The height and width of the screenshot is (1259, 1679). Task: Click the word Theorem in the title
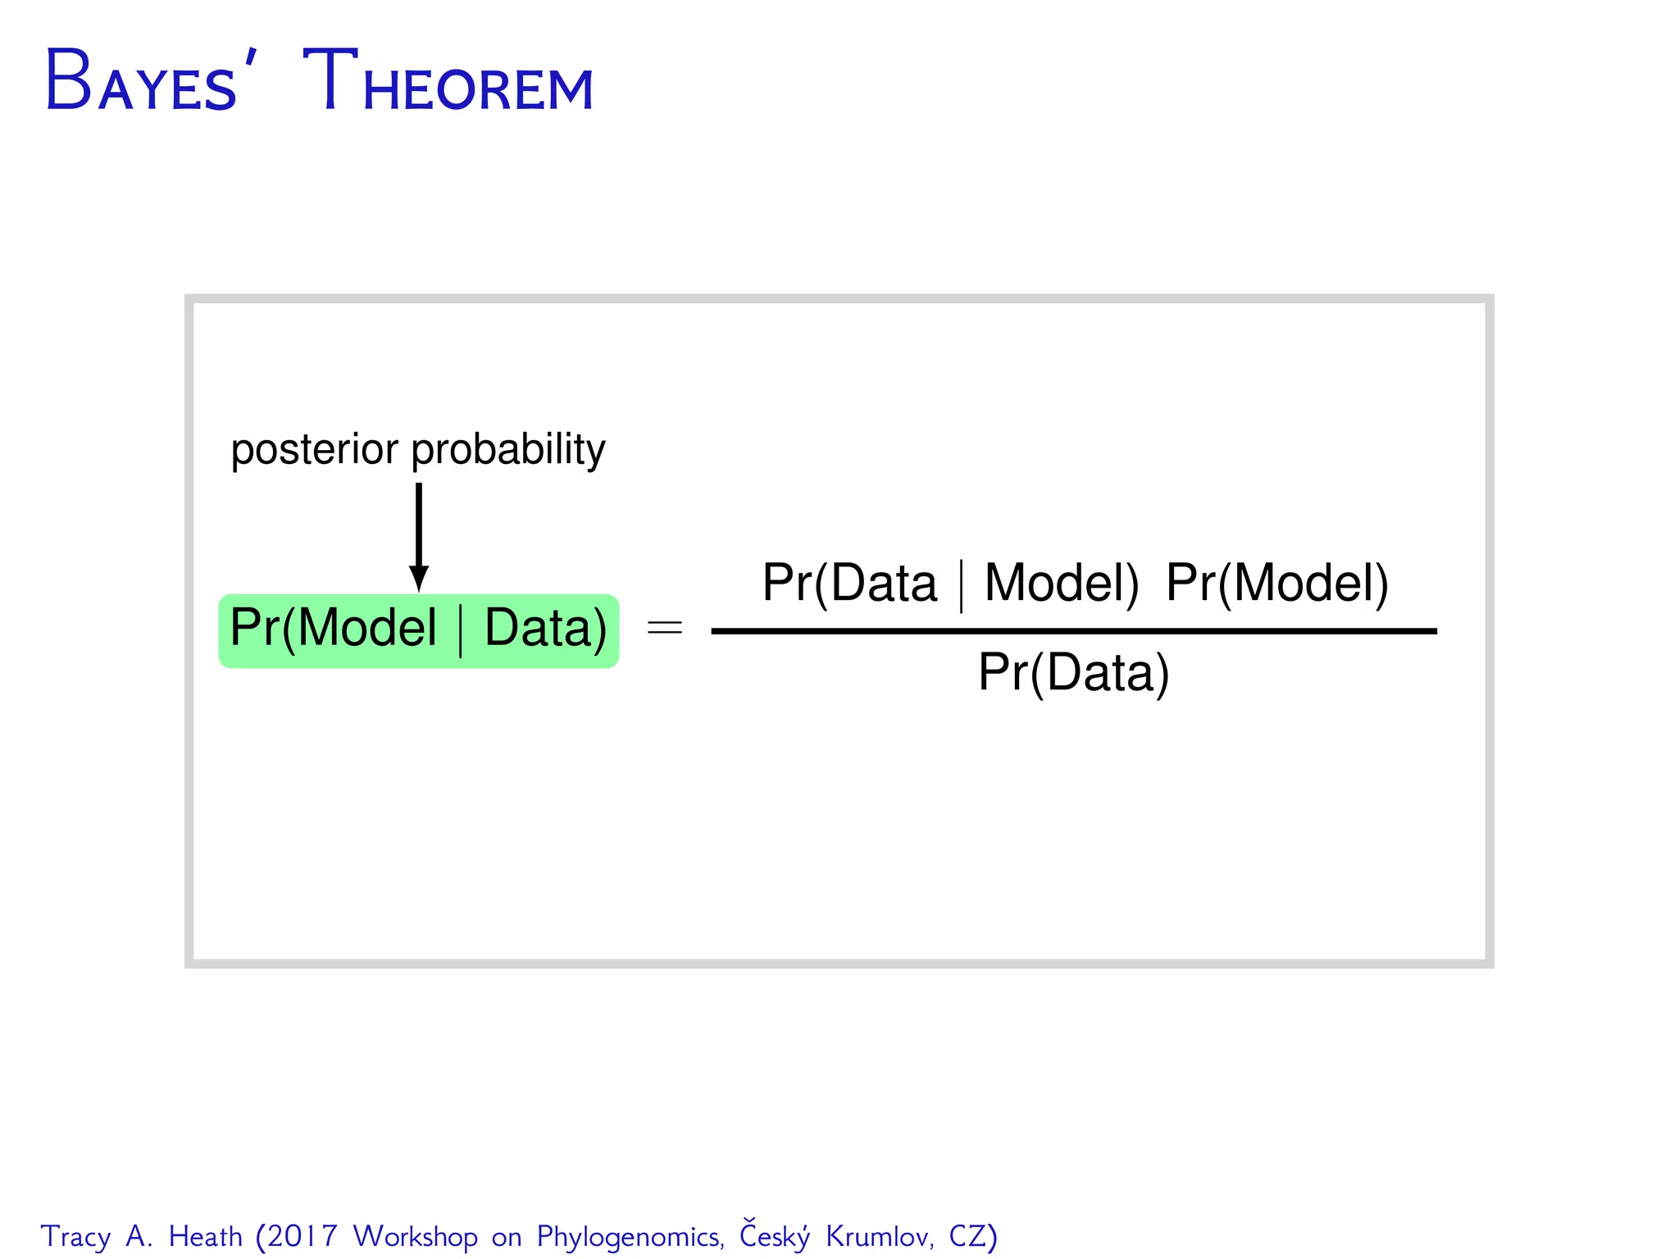pyautogui.click(x=448, y=82)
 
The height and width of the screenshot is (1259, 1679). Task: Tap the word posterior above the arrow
pyautogui.click(x=315, y=450)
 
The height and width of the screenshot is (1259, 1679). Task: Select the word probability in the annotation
pyautogui.click(x=508, y=450)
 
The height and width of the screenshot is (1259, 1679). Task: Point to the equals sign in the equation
pyautogui.click(x=664, y=629)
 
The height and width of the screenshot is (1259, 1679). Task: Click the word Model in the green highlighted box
pyautogui.click(x=367, y=629)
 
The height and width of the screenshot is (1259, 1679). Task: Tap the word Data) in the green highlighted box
pyautogui.click(x=545, y=629)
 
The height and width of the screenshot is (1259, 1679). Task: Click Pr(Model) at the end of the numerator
pyautogui.click(x=1276, y=584)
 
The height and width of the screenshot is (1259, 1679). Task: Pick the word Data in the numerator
pyautogui.click(x=884, y=584)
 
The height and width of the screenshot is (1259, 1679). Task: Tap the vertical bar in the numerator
pyautogui.click(x=961, y=586)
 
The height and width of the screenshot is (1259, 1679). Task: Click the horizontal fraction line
pyautogui.click(x=1073, y=631)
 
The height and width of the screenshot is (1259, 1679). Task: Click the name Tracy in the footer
pyautogui.click(x=75, y=1237)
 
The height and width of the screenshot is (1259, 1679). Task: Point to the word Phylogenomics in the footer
pyautogui.click(x=630, y=1237)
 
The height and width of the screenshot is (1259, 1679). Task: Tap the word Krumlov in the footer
pyautogui.click(x=880, y=1236)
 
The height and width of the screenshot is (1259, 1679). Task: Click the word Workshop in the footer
pyautogui.click(x=416, y=1237)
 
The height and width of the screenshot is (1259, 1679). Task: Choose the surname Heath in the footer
pyautogui.click(x=206, y=1236)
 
